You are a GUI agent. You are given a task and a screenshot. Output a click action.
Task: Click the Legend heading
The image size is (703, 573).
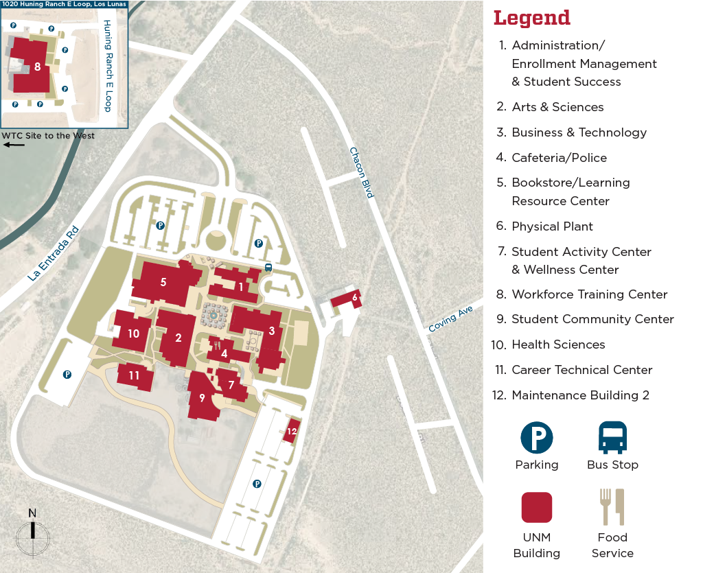coord(532,18)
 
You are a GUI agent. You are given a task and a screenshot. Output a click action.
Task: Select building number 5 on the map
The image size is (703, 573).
coord(163,282)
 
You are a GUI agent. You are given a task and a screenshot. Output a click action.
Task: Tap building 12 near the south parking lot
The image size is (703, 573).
coord(292,431)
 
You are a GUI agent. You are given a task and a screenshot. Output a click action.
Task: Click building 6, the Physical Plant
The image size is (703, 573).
coord(354,298)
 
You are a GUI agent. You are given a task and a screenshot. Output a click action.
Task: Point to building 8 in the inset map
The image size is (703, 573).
coord(37,67)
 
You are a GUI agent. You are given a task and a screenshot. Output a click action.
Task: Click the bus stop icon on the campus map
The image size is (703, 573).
coord(268,268)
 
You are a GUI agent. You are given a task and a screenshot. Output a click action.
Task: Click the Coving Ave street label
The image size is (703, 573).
coord(451,319)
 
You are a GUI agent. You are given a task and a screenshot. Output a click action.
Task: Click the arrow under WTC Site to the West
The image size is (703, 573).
coord(13,145)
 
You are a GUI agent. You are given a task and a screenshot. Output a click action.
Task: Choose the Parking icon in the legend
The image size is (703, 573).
coord(536,438)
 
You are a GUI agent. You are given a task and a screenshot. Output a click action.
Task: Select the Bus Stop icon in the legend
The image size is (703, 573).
coord(612,438)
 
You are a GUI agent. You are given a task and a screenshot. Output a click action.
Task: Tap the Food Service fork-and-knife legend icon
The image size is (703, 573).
coord(612,507)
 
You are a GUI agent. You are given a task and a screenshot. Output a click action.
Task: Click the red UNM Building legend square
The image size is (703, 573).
coord(536,508)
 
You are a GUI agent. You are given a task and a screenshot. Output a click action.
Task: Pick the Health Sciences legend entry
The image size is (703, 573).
coord(558,344)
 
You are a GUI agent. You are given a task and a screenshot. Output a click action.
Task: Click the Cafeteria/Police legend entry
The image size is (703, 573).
coord(559,158)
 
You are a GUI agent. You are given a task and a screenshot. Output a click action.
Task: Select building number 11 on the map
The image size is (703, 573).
coord(134,375)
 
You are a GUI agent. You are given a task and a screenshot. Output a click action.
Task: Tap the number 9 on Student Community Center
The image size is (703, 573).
coord(202,397)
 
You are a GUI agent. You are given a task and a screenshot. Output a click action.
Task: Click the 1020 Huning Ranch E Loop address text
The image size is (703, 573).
coord(64,4)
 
